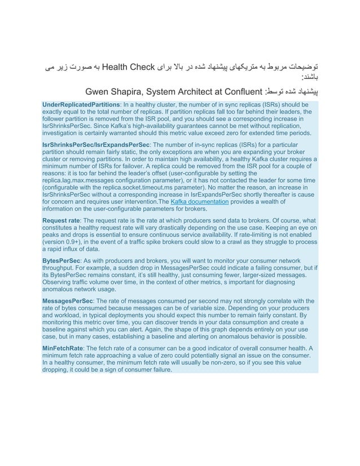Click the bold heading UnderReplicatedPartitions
[82, 105]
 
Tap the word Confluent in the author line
[243, 90]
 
